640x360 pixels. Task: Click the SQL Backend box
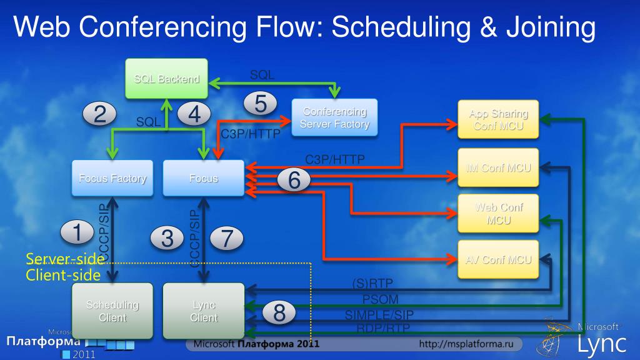(x=166, y=79)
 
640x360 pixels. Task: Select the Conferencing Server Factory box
(x=334, y=117)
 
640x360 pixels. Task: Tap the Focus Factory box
(x=112, y=178)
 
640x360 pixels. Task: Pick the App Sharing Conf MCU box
(x=497, y=120)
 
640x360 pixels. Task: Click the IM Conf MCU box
(x=497, y=167)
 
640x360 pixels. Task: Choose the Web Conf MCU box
(x=497, y=214)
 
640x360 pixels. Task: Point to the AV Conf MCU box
(x=497, y=259)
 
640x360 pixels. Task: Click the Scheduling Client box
(x=112, y=311)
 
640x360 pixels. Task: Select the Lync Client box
(x=204, y=311)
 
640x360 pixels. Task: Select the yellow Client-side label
(x=63, y=274)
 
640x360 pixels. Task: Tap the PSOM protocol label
(x=380, y=299)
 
